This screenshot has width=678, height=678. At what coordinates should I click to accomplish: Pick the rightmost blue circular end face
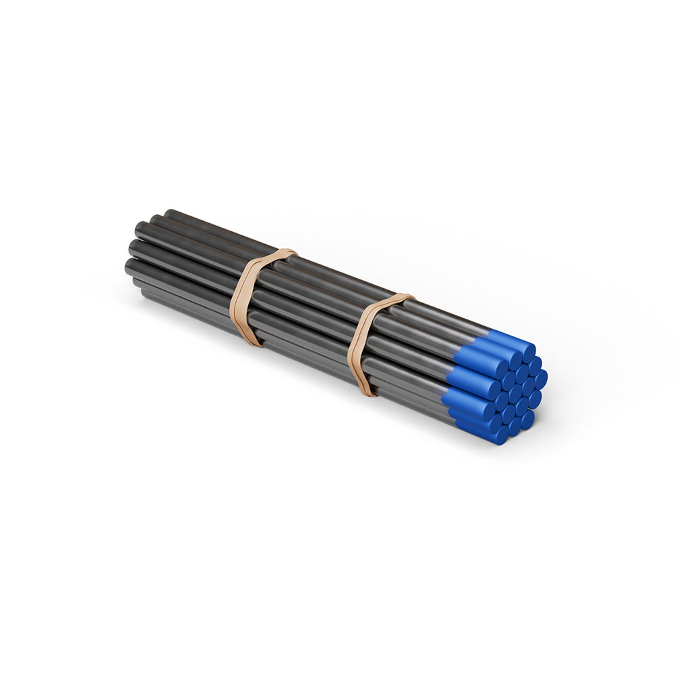coord(540,378)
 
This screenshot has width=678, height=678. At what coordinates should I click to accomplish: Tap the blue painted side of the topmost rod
coord(505,339)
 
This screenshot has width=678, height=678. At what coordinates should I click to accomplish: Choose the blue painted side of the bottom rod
coord(475,428)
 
